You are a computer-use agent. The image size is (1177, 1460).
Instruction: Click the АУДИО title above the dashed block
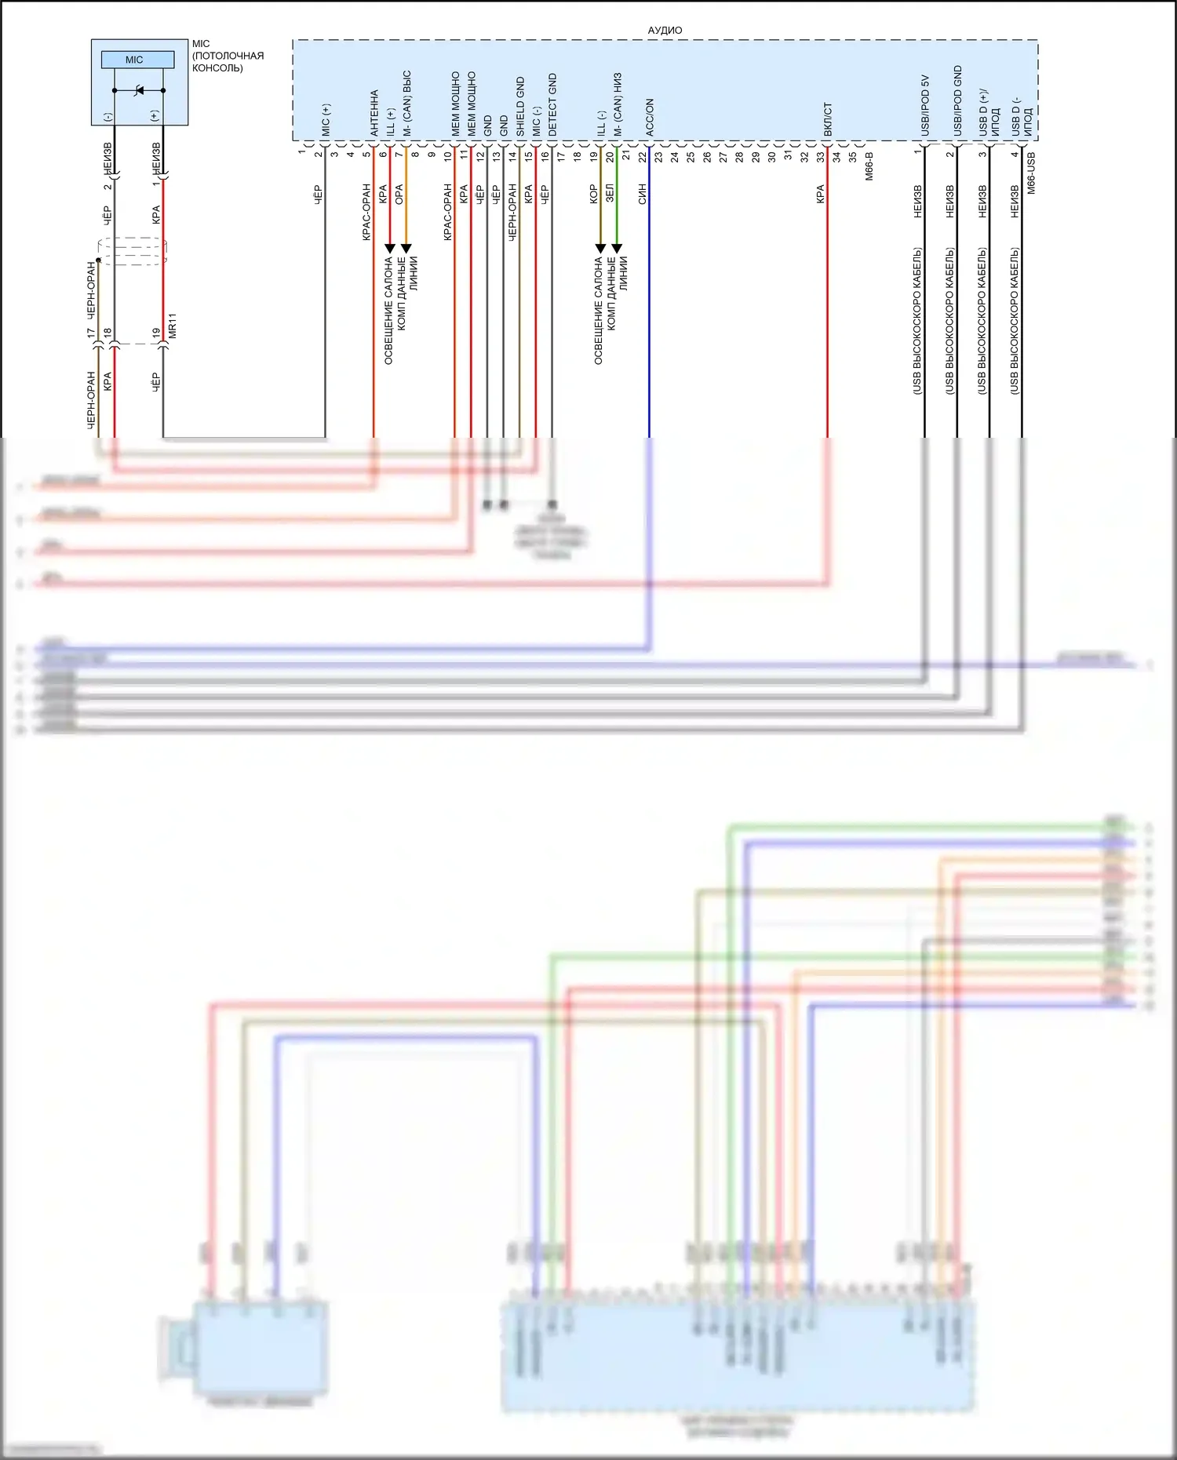(665, 31)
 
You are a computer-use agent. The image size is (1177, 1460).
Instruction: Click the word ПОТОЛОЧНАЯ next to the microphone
(228, 56)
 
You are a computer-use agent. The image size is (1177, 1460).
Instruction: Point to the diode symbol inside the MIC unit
(139, 90)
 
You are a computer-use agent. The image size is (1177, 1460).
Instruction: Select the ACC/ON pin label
(650, 118)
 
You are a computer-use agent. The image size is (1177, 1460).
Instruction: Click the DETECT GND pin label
(552, 105)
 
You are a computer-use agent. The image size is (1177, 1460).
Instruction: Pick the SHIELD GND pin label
(520, 107)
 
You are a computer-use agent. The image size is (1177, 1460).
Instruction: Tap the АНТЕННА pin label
(374, 113)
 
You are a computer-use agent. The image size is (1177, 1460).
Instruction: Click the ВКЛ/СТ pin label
(828, 119)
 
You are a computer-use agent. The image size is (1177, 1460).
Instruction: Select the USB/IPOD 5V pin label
(925, 105)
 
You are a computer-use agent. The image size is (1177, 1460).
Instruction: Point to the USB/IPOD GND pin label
(957, 101)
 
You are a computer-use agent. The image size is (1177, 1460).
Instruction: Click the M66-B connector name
(869, 166)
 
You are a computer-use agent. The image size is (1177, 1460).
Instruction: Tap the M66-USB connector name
(1031, 173)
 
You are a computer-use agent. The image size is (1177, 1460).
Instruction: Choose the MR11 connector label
(173, 326)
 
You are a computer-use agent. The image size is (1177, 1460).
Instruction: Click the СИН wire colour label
(642, 195)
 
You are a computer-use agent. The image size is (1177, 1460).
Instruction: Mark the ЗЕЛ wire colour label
(610, 195)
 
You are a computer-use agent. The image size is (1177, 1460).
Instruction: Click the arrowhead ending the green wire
(617, 249)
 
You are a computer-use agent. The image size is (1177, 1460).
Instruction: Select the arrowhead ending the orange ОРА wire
(406, 249)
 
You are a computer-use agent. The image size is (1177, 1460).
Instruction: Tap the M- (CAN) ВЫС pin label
(406, 104)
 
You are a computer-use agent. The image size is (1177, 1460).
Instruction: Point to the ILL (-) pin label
(601, 123)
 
